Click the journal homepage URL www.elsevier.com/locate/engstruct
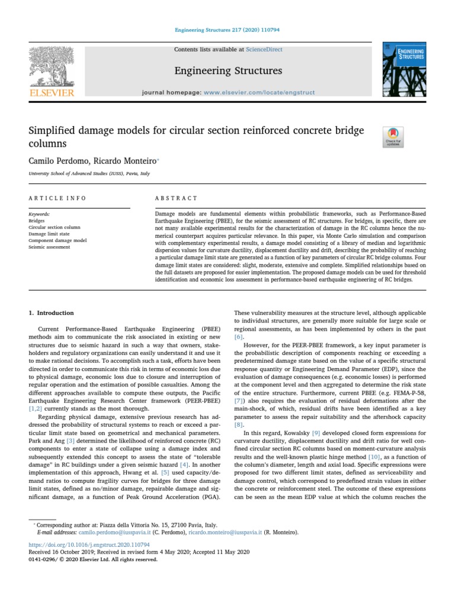pyautogui.click(x=259, y=93)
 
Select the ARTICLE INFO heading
pyautogui.click(x=57, y=198)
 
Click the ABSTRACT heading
pyautogui.click(x=176, y=198)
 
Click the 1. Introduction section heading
pyautogui.click(x=52, y=313)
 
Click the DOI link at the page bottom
pyautogui.click(x=89, y=544)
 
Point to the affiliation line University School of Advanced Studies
pyautogui.click(x=89, y=174)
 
